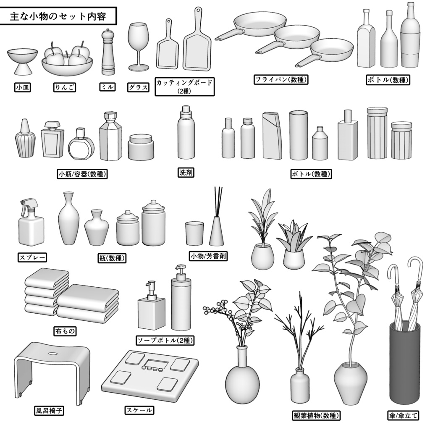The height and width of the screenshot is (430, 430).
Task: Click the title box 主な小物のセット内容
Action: [58, 16]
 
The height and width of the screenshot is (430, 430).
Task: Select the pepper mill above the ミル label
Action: [108, 52]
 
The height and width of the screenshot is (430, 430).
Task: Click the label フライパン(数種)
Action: [281, 79]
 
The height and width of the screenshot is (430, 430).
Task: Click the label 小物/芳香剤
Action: [209, 256]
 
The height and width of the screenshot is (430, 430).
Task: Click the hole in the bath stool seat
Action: [53, 353]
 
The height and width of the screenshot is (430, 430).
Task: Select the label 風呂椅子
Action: [49, 410]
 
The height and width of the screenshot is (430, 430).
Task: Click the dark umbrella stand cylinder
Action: [404, 365]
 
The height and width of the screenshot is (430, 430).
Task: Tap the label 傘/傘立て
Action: [403, 416]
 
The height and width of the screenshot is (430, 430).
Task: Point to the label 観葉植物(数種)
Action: [316, 416]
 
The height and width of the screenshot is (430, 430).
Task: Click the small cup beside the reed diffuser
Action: [194, 233]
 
